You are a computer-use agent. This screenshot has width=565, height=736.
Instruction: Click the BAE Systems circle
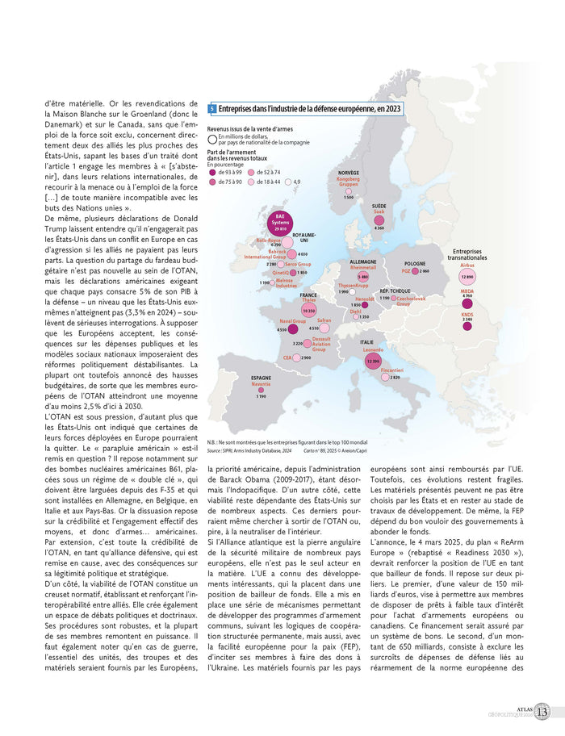pyautogui.click(x=280, y=222)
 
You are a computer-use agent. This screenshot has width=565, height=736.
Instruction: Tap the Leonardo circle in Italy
pyautogui.click(x=373, y=362)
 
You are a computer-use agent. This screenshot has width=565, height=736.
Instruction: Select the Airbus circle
pyautogui.click(x=467, y=276)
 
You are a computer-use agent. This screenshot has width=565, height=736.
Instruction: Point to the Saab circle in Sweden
pyautogui.click(x=379, y=220)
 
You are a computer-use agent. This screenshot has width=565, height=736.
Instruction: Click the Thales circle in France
pyautogui.click(x=308, y=309)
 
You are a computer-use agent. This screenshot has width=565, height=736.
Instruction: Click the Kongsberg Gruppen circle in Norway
pyautogui.click(x=348, y=191)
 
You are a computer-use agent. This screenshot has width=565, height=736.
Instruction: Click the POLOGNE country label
pyautogui.click(x=415, y=263)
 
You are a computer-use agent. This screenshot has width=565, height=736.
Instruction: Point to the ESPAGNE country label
pyautogui.click(x=261, y=377)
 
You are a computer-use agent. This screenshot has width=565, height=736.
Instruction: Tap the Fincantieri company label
pyautogui.click(x=391, y=370)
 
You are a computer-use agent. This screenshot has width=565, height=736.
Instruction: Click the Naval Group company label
pyautogui.click(x=292, y=321)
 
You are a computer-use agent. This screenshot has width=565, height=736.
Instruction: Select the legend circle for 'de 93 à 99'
pyautogui.click(x=211, y=172)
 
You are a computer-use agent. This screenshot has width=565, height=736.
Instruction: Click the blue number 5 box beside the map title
pyautogui.click(x=211, y=108)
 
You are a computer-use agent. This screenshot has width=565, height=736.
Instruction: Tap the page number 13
pyautogui.click(x=542, y=711)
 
